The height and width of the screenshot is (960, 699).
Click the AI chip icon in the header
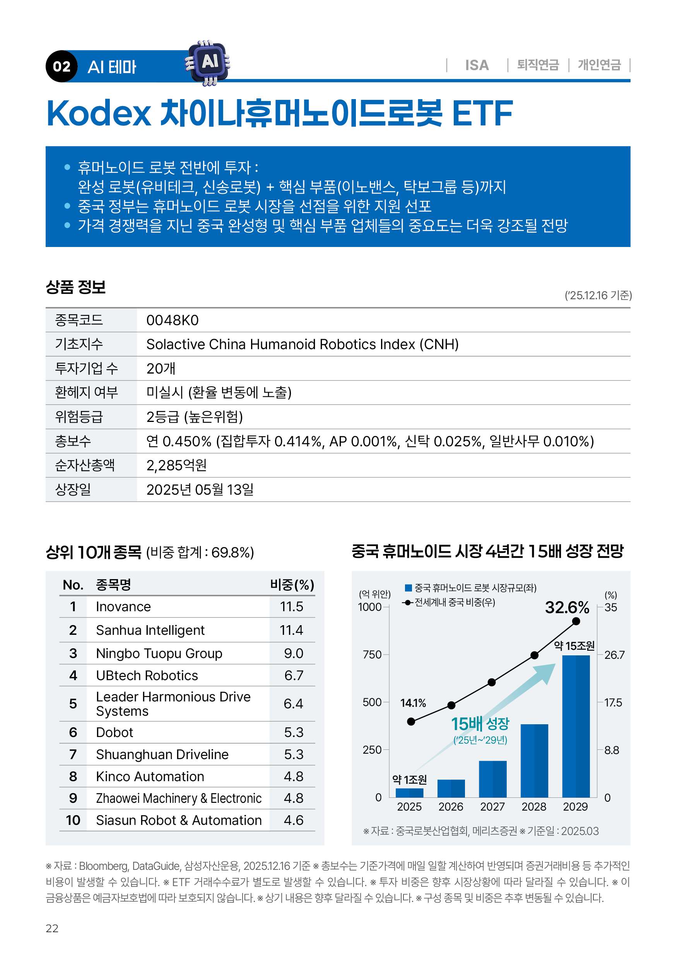tap(208, 63)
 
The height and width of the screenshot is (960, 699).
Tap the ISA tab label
tap(477, 65)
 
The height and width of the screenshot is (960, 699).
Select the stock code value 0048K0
tap(172, 321)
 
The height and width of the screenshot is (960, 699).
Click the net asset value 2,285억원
tap(176, 466)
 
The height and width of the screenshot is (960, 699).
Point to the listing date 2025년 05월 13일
tap(200, 490)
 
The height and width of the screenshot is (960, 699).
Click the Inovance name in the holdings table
tap(123, 607)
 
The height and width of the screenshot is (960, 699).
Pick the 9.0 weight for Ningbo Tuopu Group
tap(293, 653)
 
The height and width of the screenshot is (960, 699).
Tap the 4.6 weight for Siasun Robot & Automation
tap(293, 820)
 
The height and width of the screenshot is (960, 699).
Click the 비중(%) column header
tap(292, 585)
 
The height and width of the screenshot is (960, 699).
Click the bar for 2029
tap(576, 726)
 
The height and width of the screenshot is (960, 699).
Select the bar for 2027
tap(492, 779)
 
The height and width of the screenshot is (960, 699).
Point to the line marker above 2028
tap(535, 655)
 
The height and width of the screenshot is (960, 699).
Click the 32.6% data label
tap(567, 608)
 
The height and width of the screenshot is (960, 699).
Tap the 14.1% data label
tap(413, 703)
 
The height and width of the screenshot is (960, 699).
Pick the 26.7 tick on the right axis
tap(614, 655)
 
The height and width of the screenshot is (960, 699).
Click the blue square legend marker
tap(408, 588)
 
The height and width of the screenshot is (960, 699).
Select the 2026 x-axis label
tap(451, 807)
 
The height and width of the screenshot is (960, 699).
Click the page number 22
tap(52, 928)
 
